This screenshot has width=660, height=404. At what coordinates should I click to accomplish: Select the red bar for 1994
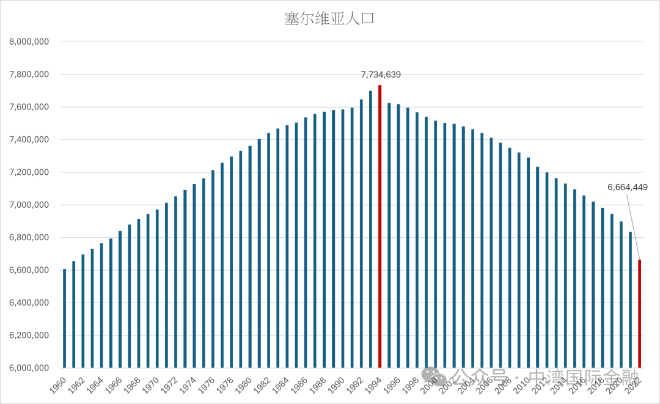click(380, 226)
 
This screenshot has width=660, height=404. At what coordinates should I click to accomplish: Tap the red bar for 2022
click(640, 314)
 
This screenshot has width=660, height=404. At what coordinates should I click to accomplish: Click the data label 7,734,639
click(381, 75)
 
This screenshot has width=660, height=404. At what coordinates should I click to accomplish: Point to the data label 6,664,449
click(628, 187)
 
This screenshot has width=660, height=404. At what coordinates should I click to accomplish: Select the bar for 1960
click(65, 318)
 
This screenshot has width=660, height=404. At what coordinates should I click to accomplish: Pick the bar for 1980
click(250, 257)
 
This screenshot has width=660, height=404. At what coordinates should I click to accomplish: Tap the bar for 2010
click(528, 263)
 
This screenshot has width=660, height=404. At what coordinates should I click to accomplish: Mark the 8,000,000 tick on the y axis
click(29, 42)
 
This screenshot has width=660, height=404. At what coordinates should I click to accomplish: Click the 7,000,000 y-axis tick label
click(29, 205)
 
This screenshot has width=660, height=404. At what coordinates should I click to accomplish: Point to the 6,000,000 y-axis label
click(29, 368)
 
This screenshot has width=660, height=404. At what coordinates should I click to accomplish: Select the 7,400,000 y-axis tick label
click(29, 140)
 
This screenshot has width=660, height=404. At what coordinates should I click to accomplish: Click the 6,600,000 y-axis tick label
click(29, 270)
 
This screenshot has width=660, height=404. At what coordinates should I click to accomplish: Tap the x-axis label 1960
click(60, 384)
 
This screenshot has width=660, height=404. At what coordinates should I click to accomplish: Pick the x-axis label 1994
click(375, 384)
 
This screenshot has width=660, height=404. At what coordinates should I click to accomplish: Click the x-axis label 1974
click(189, 384)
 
